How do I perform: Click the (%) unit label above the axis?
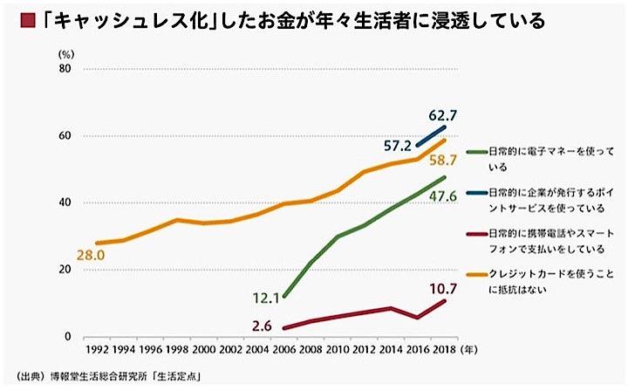[65, 54]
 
